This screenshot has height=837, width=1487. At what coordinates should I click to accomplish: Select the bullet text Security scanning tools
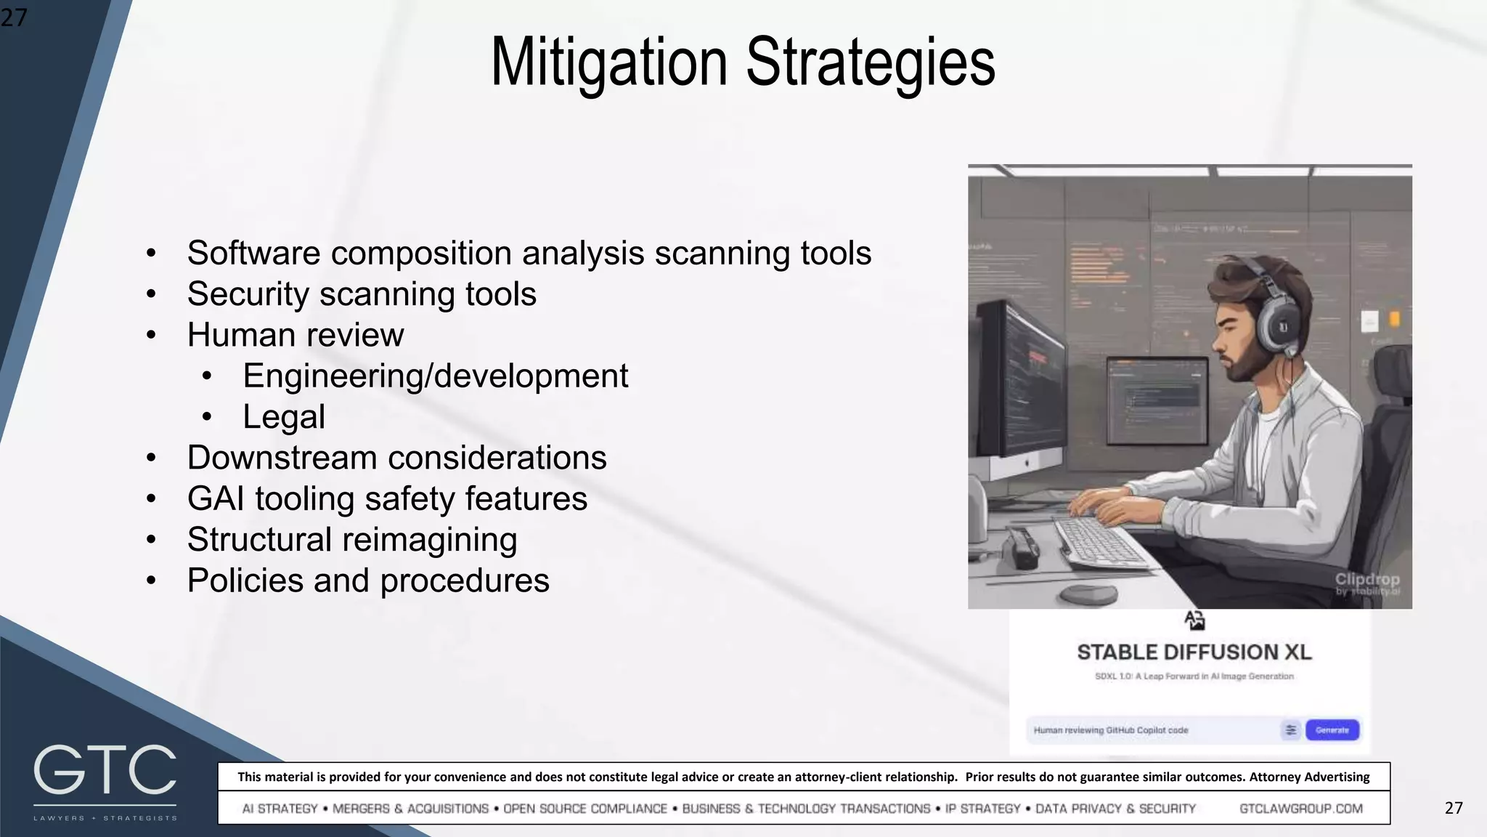(362, 294)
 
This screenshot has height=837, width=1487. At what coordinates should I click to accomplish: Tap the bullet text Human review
(296, 335)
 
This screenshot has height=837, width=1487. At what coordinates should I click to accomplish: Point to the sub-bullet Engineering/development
(435, 376)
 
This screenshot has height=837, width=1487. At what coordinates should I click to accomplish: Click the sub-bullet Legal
(283, 417)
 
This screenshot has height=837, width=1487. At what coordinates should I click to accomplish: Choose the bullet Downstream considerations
(396, 458)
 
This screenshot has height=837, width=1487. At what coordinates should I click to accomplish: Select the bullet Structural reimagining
(352, 540)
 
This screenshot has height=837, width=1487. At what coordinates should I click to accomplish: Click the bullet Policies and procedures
(368, 581)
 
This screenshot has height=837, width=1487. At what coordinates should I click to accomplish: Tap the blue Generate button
(1332, 730)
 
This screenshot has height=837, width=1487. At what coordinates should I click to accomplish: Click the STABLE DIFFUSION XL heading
(1194, 652)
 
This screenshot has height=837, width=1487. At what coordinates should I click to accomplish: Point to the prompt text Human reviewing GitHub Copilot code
(1111, 730)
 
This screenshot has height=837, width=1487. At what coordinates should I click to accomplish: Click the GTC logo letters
(105, 770)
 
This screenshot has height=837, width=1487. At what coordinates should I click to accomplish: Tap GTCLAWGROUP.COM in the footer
(1300, 809)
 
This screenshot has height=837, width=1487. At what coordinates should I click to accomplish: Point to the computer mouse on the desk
(1088, 592)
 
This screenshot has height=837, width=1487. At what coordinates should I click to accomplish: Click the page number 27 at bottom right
(1454, 808)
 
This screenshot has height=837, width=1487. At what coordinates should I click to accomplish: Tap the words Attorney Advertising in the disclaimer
(1309, 777)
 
